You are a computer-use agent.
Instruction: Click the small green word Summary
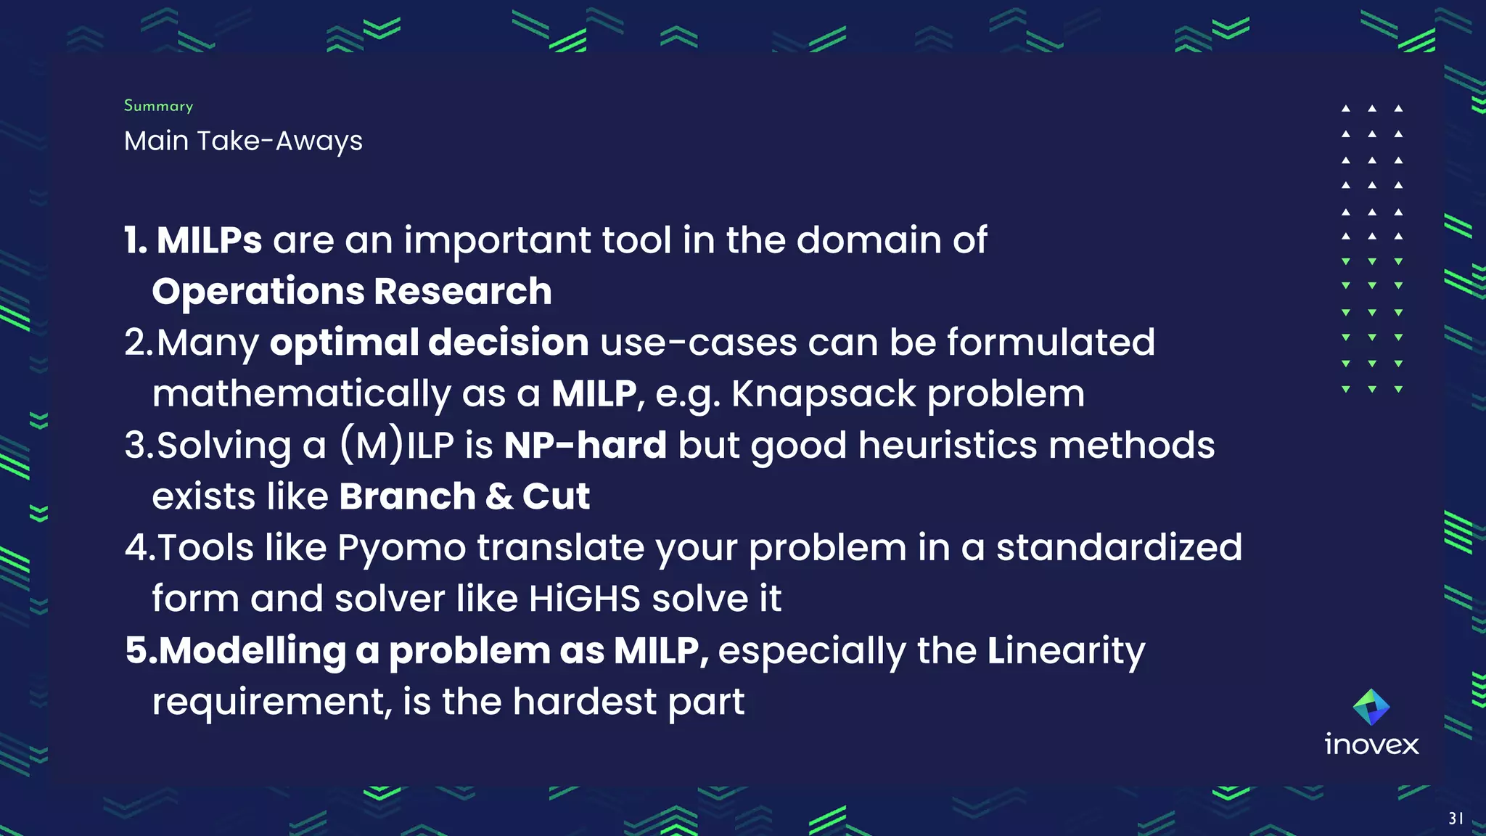point(158,106)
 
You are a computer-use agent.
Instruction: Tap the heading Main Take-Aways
point(243,141)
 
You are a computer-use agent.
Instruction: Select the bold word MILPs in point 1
point(209,240)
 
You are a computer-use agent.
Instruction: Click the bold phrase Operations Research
point(352,292)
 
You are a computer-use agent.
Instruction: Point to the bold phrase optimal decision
point(429,343)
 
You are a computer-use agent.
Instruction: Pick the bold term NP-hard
point(585,446)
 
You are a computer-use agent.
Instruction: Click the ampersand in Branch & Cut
point(499,497)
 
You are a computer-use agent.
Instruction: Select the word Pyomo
point(401,548)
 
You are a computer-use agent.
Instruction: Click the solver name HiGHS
point(584,599)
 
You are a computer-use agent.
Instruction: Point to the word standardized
point(1119,548)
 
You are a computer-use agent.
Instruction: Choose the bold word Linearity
point(1065,651)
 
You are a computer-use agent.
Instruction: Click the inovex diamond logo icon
point(1371,707)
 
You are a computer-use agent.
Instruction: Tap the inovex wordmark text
point(1371,745)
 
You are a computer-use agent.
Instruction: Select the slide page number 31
point(1456,819)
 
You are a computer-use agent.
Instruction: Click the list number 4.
point(136,548)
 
